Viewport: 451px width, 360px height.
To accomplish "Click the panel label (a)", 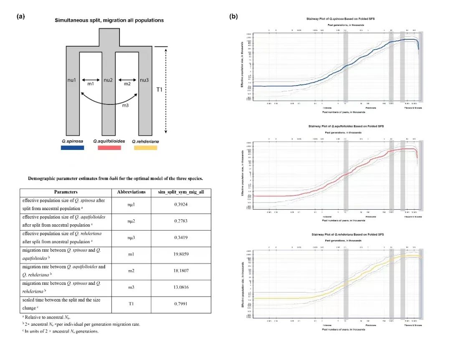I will (x=21, y=17).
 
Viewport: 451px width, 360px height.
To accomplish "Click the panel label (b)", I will (x=234, y=17).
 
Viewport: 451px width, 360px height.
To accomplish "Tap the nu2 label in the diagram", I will (x=109, y=80).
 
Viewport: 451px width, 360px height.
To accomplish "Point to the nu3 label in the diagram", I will (x=144, y=80).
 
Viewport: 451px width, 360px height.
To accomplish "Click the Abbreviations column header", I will (x=131, y=192).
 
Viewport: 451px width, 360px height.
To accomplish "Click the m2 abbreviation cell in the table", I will (x=131, y=270).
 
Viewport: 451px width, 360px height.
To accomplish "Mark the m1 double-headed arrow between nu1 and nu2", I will (x=90, y=79).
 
